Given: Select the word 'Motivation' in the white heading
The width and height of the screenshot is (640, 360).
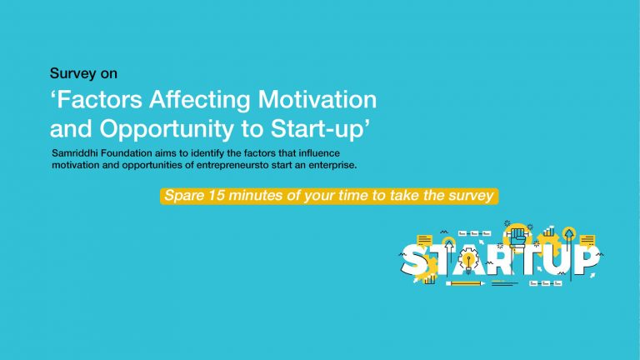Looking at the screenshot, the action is point(317,100).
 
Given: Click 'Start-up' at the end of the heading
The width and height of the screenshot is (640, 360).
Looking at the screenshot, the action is point(320,130).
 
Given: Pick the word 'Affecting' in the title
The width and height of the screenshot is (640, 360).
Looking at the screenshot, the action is point(200,100).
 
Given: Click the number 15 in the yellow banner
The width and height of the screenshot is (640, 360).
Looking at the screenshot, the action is point(217,195).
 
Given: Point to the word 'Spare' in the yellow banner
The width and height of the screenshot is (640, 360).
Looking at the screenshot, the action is point(184,196).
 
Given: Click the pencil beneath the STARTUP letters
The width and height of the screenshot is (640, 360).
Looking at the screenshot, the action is point(465,282).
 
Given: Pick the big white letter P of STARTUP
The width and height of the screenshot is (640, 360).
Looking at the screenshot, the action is point(586,260).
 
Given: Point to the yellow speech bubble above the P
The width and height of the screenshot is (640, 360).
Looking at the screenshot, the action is point(587,241).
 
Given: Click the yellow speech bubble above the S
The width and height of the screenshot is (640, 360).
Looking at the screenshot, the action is point(424,240).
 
